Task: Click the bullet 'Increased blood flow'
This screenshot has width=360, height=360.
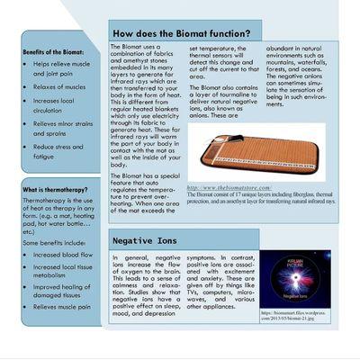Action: tap(66, 255)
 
